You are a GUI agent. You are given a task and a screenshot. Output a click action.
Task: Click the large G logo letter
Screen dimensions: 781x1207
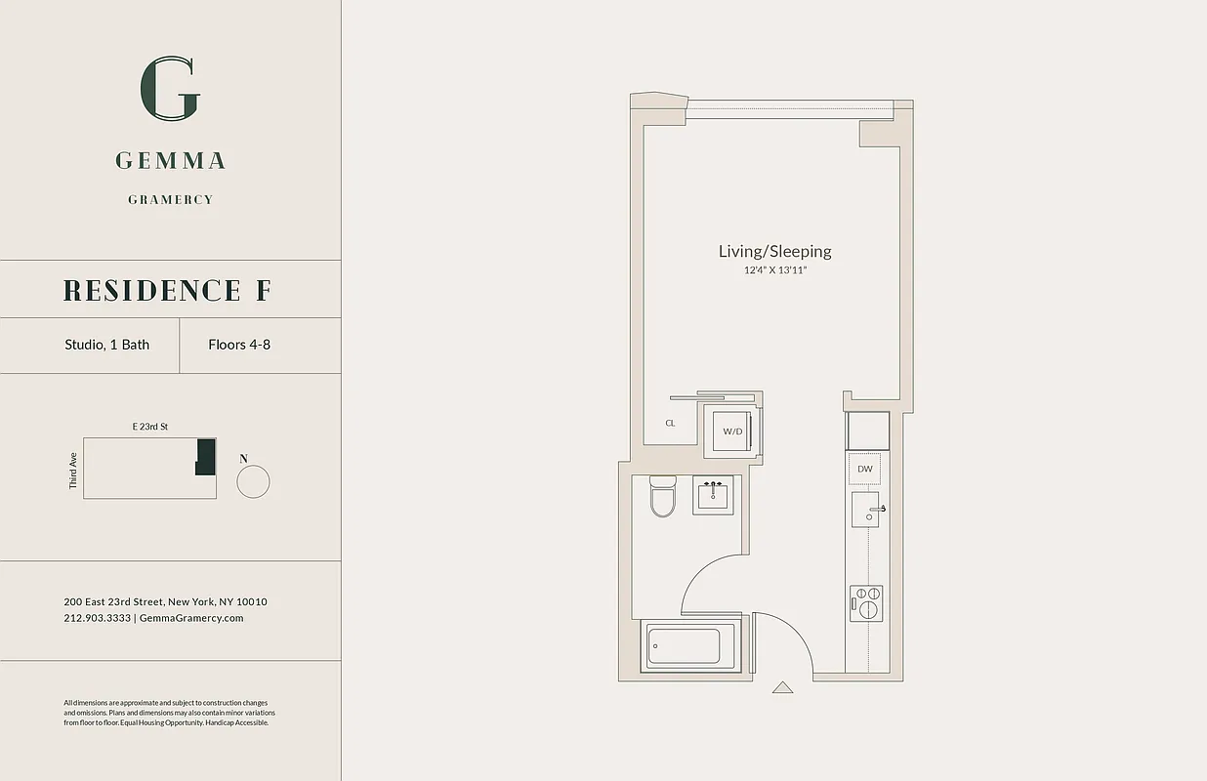point(171,89)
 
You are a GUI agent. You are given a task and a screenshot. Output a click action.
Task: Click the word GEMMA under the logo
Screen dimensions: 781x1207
point(171,160)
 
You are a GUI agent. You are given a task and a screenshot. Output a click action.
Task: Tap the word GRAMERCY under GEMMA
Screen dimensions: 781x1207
point(171,199)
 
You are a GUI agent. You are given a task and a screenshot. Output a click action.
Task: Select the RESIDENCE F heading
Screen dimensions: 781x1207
point(168,290)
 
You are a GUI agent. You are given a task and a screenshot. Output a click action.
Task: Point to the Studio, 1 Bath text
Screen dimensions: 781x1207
point(107,345)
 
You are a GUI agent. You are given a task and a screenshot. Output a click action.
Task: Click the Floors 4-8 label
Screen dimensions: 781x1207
point(239,345)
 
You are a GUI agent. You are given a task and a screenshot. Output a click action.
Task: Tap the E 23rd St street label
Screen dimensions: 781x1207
point(150,427)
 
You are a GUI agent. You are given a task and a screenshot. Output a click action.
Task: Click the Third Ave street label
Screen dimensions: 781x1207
point(73,470)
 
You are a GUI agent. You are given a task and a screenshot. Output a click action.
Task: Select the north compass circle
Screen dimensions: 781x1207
point(253,481)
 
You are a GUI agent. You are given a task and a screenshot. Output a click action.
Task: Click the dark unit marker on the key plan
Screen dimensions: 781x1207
point(205,457)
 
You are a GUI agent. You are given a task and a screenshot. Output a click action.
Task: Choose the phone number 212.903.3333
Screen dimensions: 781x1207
point(97,618)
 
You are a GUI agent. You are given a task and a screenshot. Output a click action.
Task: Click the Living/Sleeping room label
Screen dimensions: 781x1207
point(775,251)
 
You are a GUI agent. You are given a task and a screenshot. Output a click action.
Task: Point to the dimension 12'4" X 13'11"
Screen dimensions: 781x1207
point(775,270)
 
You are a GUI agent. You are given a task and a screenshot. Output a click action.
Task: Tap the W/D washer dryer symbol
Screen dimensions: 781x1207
point(732,431)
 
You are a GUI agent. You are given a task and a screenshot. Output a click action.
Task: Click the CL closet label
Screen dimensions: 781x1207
point(670,424)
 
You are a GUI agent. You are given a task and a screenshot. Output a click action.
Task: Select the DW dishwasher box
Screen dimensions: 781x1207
point(864,470)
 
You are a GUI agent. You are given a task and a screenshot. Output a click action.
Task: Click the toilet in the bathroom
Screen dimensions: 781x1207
point(663,496)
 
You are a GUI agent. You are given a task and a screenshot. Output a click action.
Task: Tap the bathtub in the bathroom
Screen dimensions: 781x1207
point(685,646)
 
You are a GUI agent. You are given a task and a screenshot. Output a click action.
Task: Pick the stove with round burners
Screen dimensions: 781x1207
point(866,602)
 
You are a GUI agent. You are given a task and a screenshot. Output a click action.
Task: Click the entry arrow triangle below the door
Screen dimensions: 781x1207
point(782,687)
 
